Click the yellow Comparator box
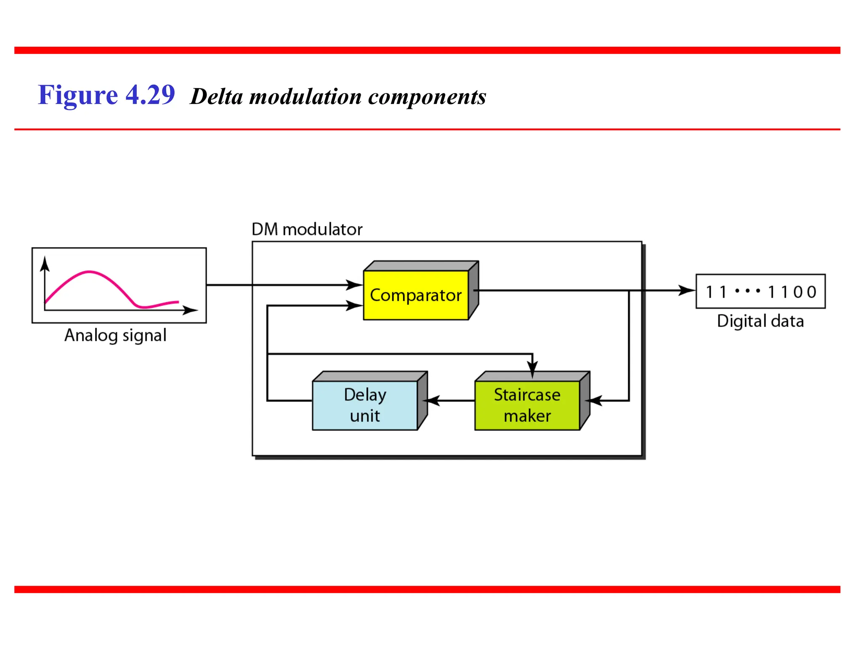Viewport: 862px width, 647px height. pos(416,295)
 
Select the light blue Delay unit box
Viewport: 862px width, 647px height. pos(365,405)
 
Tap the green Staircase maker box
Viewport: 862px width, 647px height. pos(527,405)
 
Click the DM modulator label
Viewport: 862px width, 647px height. pos(307,230)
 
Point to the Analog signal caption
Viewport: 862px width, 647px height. pos(115,336)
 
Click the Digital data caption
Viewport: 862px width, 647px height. pos(760,321)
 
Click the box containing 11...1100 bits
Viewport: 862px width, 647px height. pos(760,291)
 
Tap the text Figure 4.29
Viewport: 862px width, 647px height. pos(106,95)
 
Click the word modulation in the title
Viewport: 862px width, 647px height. pos(305,97)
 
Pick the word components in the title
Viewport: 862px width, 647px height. pos(427,97)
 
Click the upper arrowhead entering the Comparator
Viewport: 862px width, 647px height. pos(354,285)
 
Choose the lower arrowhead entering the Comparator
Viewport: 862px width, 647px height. pos(354,305)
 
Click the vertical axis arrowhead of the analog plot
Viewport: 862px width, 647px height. pos(45,264)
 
